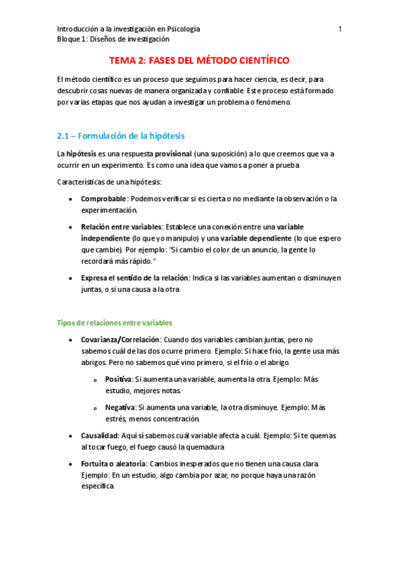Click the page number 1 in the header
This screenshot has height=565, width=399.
click(340, 29)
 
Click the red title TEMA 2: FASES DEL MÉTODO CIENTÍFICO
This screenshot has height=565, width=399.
click(199, 61)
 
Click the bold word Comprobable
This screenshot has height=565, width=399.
click(104, 199)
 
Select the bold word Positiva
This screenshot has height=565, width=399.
click(119, 379)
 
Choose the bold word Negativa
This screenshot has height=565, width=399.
click(120, 407)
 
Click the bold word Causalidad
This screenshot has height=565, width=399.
click(99, 435)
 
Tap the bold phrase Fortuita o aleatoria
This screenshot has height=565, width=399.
click(114, 463)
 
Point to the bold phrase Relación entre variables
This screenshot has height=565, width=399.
click(121, 227)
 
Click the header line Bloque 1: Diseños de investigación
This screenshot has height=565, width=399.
click(113, 39)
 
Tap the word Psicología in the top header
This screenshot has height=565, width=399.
click(181, 29)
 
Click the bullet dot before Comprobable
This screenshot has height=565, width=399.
click(71, 199)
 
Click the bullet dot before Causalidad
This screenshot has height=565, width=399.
click(71, 436)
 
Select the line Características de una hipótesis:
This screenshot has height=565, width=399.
click(109, 182)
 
